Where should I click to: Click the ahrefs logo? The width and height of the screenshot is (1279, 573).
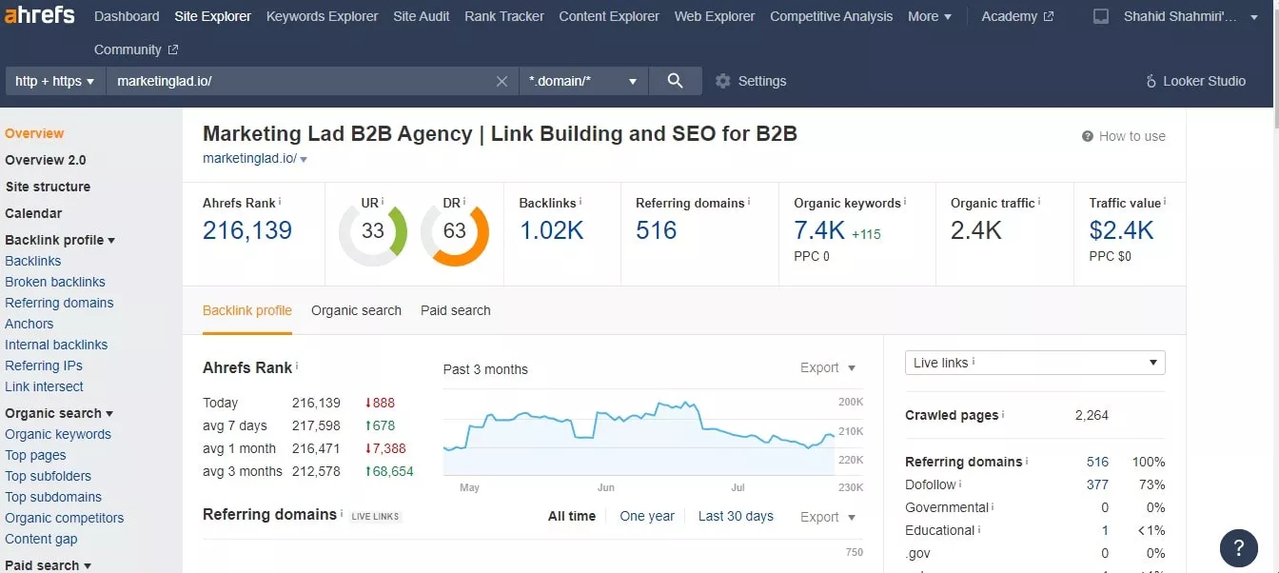[x=39, y=15]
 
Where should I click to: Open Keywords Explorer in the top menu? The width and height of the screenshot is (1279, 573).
[x=322, y=16]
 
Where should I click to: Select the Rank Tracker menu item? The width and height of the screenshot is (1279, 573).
[x=503, y=16]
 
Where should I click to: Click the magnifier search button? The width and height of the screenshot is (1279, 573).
[x=675, y=81]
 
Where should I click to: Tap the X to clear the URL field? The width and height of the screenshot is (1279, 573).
[x=502, y=81]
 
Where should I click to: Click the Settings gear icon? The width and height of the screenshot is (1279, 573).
[x=723, y=81]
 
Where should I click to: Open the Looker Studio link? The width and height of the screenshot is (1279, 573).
[x=1195, y=81]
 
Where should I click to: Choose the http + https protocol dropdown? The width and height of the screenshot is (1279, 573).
[x=55, y=81]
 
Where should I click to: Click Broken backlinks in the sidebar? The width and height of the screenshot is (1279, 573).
[x=55, y=282]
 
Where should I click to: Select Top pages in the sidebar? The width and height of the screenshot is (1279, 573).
[x=35, y=455]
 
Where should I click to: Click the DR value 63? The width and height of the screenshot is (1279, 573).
[x=455, y=230]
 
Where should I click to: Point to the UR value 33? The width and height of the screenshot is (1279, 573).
[x=373, y=230]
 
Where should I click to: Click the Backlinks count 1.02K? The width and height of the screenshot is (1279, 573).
[x=552, y=230]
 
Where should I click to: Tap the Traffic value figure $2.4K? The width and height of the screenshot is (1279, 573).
[x=1121, y=230]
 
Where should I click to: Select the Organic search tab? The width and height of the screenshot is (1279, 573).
[x=356, y=310]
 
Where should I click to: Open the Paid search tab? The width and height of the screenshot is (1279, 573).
[x=456, y=310]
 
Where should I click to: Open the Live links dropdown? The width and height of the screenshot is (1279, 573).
[x=1034, y=363]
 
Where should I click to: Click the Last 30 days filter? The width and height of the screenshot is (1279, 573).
[x=736, y=516]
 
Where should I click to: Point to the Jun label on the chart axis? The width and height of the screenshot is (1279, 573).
[x=606, y=487]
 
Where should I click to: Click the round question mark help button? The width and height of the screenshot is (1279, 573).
[x=1238, y=548]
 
